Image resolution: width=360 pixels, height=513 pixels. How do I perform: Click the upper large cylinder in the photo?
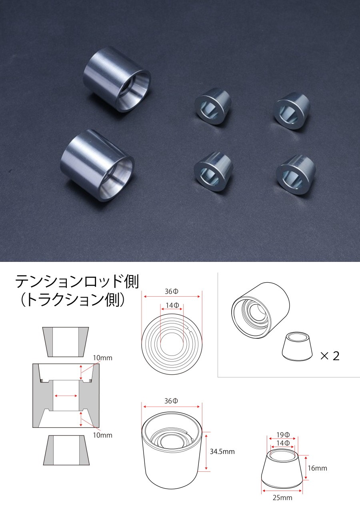click(116, 80)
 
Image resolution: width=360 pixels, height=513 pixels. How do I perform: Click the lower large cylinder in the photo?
click(96, 166)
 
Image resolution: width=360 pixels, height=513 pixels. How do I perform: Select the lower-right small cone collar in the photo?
click(296, 174)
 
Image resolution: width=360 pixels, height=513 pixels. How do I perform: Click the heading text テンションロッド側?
click(77, 282)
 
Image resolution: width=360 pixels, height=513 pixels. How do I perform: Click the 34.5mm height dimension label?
click(222, 451)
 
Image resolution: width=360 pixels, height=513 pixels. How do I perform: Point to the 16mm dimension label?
click(318, 468)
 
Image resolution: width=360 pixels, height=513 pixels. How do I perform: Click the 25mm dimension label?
click(282, 498)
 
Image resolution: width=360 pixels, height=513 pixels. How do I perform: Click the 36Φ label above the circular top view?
click(171, 291)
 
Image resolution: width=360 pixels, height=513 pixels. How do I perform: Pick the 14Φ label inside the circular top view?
click(172, 305)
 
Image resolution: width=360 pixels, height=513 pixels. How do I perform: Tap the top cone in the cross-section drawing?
click(66, 342)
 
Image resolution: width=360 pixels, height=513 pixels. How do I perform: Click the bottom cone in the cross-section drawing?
click(66, 450)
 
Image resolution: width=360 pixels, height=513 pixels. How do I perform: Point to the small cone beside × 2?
click(297, 346)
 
